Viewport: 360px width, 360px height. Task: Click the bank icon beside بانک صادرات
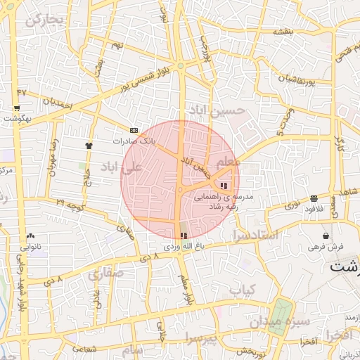click(x=134, y=130)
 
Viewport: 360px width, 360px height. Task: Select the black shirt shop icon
click(x=89, y=146)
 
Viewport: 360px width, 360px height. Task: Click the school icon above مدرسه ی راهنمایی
click(x=224, y=186)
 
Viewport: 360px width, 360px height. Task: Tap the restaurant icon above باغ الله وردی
click(x=184, y=236)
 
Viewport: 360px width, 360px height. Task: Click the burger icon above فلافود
click(x=313, y=198)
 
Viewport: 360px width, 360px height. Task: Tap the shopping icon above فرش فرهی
click(x=326, y=236)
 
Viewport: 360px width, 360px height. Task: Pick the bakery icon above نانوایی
click(x=30, y=236)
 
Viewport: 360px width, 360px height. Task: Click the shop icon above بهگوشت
click(x=16, y=108)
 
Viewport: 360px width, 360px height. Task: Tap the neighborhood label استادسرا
click(x=257, y=235)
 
